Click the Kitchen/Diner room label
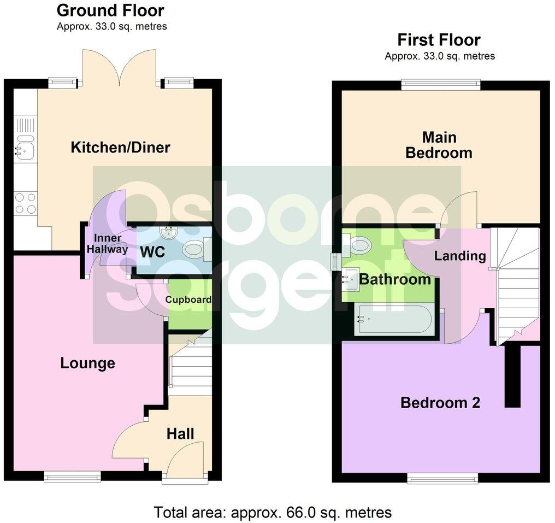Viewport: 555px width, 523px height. coord(120,147)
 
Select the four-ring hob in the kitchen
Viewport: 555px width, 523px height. coord(25,203)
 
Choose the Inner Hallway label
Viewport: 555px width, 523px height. coord(110,244)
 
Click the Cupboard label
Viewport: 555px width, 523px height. coord(188,299)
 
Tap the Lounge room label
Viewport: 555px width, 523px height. coord(87,363)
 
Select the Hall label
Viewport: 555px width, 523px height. coord(180,434)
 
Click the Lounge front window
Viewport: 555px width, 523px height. coord(73,477)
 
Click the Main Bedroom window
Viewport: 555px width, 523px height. coord(440,84)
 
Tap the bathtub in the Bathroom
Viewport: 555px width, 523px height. coord(394,321)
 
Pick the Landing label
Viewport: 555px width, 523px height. coord(460,255)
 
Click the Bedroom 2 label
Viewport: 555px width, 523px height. coord(440,403)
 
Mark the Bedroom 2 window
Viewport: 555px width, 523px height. coord(444,479)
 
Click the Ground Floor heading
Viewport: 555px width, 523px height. coord(110,10)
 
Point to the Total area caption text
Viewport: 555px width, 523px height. coord(273,513)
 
